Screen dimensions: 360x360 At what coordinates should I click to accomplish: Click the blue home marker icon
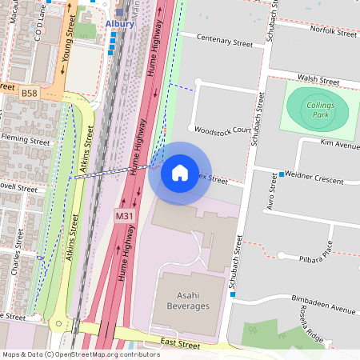click(x=180, y=172)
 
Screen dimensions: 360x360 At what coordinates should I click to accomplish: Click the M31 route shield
click(x=124, y=216)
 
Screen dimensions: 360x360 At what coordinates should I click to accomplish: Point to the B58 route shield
click(x=30, y=94)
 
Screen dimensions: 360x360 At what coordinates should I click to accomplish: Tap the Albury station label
click(x=120, y=24)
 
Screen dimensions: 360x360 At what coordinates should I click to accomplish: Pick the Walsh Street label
click(x=318, y=80)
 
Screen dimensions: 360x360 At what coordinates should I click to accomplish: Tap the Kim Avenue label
click(x=339, y=142)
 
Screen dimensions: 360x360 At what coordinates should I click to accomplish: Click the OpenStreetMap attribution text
click(x=80, y=354)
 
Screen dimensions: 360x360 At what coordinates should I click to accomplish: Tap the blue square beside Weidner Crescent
click(x=282, y=174)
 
